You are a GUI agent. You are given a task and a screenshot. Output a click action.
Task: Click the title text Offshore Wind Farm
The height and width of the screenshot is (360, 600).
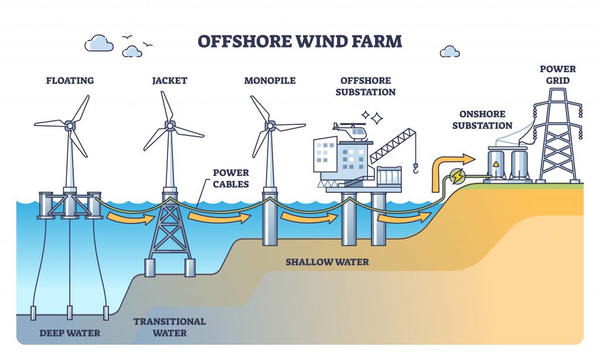click(x=300, y=42)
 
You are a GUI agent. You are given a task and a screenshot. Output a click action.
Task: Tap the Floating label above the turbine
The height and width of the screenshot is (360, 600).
click(x=70, y=80)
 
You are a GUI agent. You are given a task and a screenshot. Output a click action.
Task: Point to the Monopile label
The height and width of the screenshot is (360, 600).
click(x=270, y=80)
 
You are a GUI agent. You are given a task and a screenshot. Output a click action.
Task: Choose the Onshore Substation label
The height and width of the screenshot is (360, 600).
click(x=482, y=120)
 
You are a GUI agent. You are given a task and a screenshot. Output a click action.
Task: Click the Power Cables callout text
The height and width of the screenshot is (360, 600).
click(x=230, y=178)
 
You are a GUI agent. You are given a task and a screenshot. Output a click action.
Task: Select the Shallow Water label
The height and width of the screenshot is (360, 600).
click(x=327, y=261)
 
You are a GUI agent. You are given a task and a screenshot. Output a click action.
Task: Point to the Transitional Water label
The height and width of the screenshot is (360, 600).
click(x=169, y=327)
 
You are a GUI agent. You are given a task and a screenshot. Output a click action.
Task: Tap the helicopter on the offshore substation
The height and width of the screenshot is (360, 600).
click(x=349, y=131)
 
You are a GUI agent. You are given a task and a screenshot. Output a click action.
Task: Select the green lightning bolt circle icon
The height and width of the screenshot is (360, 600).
click(x=455, y=175)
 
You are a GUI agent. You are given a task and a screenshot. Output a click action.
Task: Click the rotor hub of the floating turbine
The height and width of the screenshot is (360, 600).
click(x=70, y=124)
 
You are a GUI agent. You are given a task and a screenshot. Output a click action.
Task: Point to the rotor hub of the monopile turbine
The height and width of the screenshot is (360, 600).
click(x=270, y=124)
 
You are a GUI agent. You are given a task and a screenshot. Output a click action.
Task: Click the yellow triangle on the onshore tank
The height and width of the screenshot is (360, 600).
click(x=496, y=164)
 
